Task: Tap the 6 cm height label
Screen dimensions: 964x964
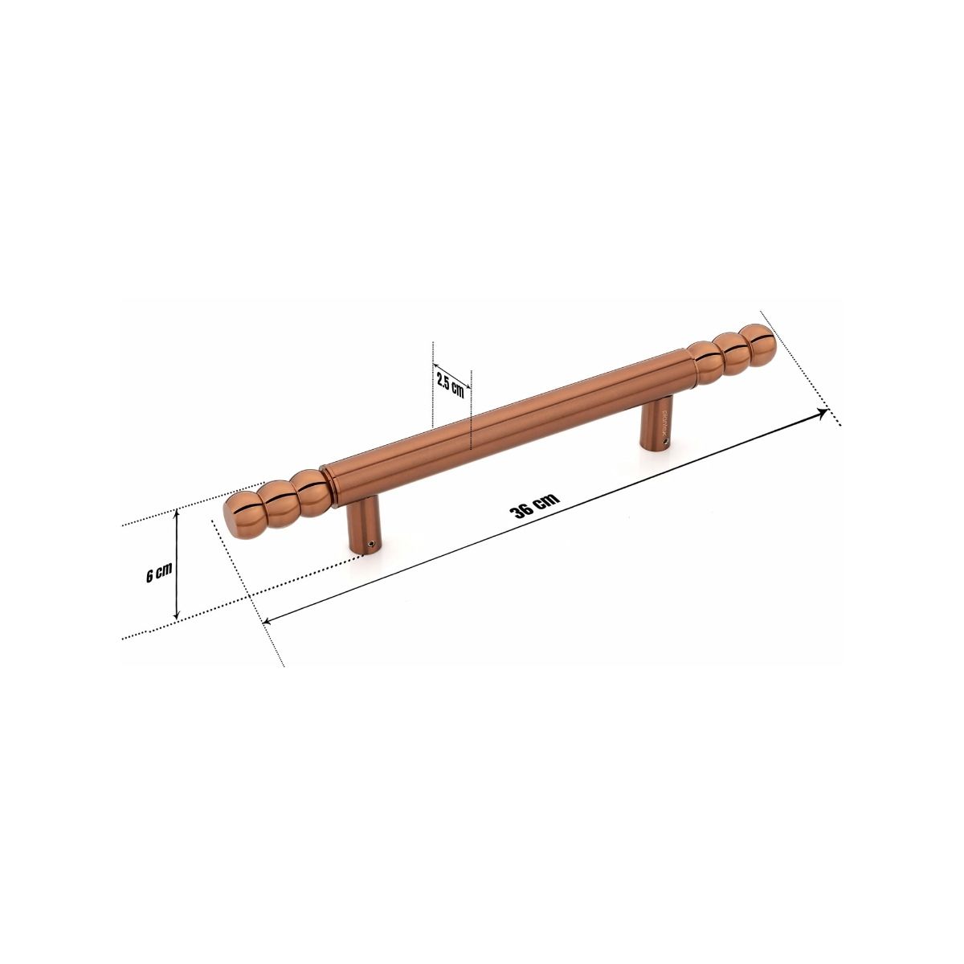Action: pos(159,574)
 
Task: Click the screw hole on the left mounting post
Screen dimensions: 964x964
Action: pos(370,545)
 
